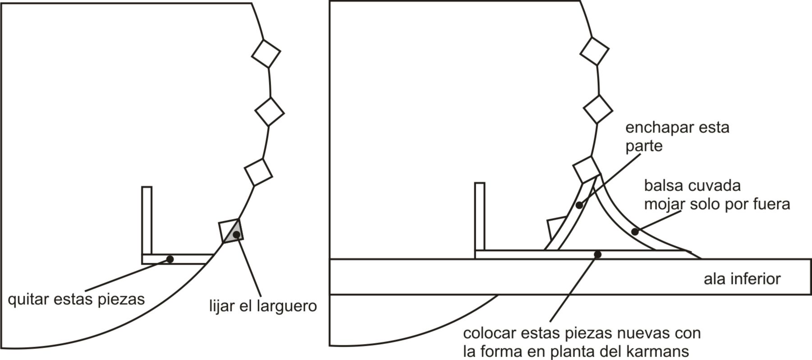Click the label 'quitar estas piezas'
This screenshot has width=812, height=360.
coord(76,299)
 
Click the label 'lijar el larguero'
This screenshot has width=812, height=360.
coord(263,306)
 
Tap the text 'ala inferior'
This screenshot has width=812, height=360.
coord(742,279)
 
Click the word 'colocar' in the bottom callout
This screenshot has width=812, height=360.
coord(490,333)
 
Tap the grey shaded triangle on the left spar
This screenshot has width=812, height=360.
coord(237,233)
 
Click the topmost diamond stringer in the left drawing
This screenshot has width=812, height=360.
coord(266,53)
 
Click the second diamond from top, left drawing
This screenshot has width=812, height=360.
coord(270,111)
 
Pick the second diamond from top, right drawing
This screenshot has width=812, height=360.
coord(598,109)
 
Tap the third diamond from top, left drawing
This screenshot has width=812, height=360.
coord(258,172)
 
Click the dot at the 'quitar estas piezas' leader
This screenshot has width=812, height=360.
coord(170,259)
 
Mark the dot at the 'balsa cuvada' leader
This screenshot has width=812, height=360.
coord(635,232)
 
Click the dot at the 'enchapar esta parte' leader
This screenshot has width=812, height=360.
coord(579,205)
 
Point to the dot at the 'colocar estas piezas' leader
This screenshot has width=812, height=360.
coord(598,254)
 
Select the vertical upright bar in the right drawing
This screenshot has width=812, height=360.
coord(480,217)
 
